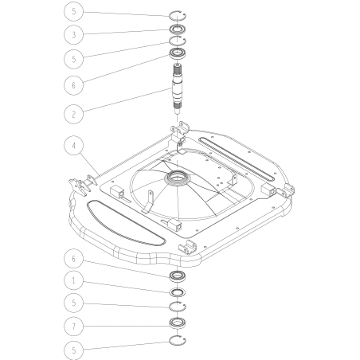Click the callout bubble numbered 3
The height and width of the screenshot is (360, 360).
coord(73,35)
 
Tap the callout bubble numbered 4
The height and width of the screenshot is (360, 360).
coord(73,147)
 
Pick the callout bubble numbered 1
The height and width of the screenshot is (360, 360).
coord(73,280)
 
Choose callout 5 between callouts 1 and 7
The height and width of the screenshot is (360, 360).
coord(73,303)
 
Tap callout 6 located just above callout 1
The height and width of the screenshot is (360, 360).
coord(73,258)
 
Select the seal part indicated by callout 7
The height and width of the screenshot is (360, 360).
coord(176,323)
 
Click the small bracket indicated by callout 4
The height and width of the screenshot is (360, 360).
coord(82,184)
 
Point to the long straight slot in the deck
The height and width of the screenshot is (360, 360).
coord(238,158)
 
